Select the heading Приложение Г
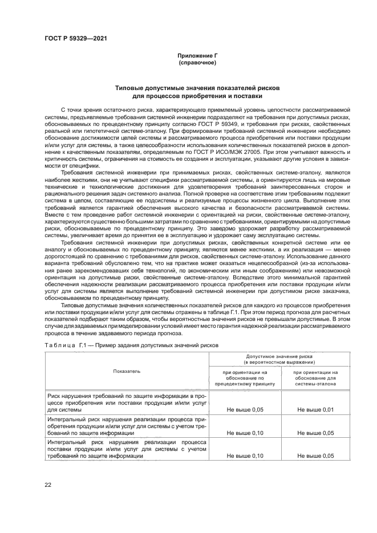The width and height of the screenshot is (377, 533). tap(197, 55)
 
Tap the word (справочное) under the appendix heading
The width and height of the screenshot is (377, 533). tap(197, 62)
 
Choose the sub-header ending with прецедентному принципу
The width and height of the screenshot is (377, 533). tap(245, 378)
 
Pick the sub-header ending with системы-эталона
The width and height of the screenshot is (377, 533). tap(314, 378)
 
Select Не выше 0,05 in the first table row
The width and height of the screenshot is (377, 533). tap(245, 409)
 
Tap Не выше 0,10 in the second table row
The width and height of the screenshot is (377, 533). tap(245, 433)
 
